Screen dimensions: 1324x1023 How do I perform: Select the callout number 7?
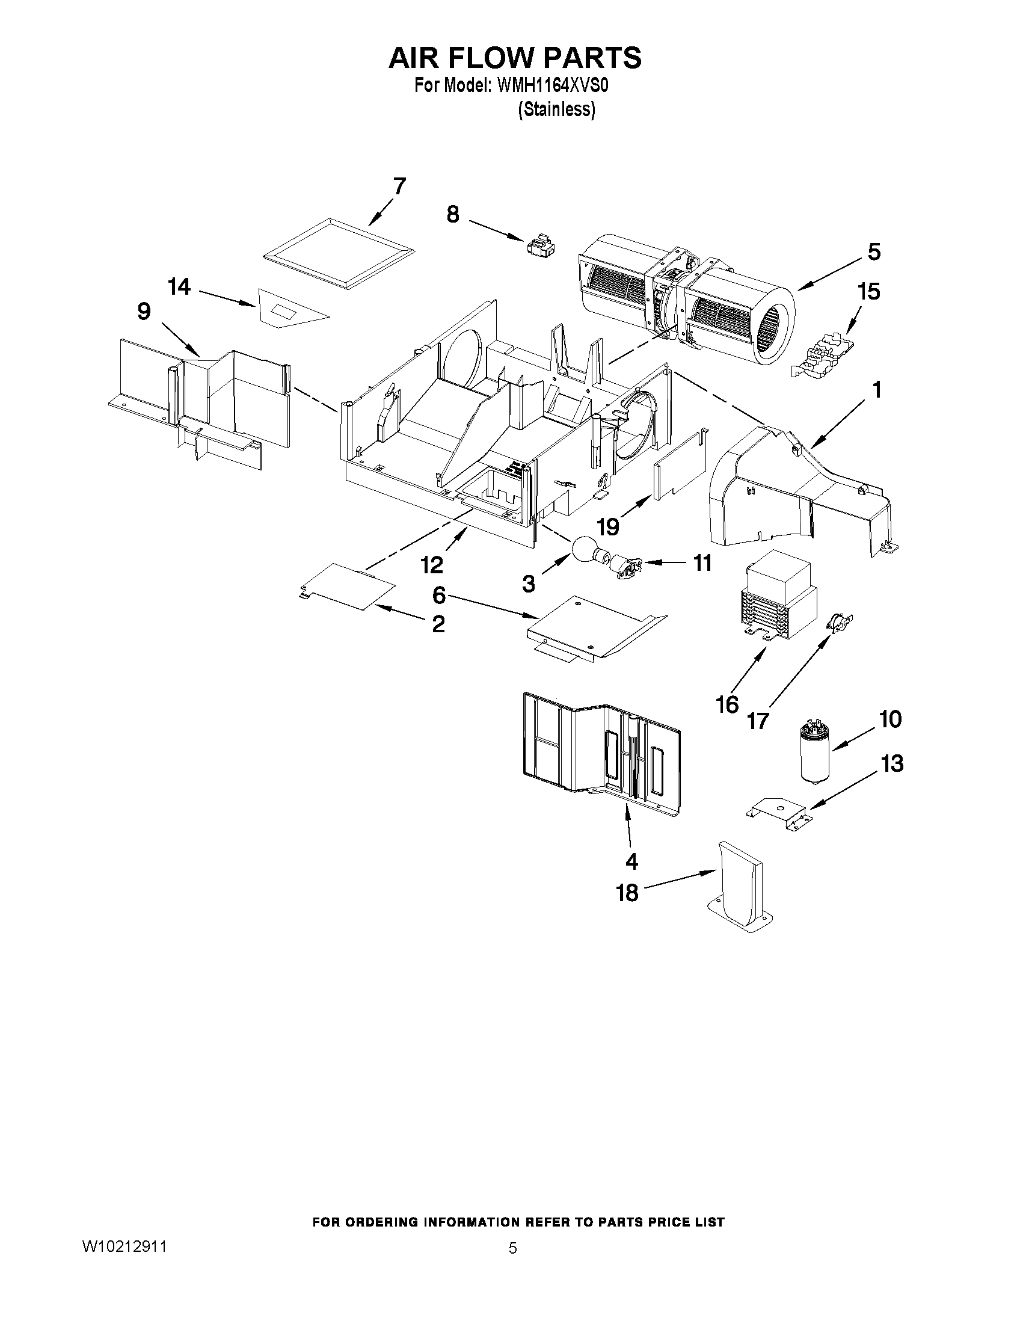click(x=399, y=186)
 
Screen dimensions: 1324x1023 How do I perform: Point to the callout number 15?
click(x=868, y=292)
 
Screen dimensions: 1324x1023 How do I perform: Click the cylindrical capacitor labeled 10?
click(x=813, y=750)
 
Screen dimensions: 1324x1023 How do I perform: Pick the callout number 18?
click(x=628, y=892)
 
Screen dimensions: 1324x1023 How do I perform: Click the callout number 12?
click(x=432, y=565)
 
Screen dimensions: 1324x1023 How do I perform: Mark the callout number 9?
click(x=144, y=312)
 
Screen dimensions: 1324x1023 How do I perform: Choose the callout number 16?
click(x=727, y=704)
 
